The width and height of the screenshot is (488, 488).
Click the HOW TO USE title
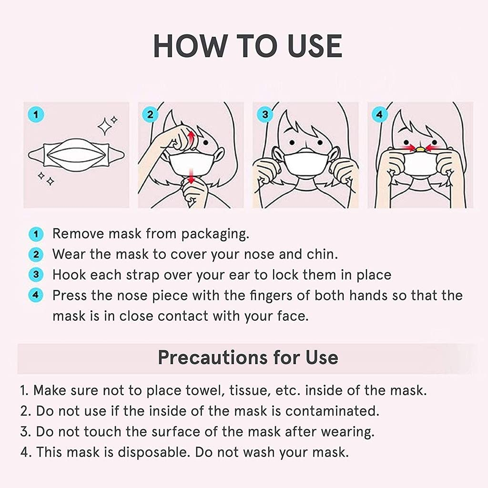[x=247, y=46]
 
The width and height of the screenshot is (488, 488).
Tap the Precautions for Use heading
[x=248, y=357]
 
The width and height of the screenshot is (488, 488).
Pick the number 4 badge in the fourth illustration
[x=380, y=115]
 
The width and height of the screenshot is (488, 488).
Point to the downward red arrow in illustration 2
[x=191, y=177]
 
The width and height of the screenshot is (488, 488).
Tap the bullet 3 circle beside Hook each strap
[x=36, y=275]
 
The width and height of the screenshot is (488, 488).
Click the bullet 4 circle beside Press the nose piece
[x=36, y=295]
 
